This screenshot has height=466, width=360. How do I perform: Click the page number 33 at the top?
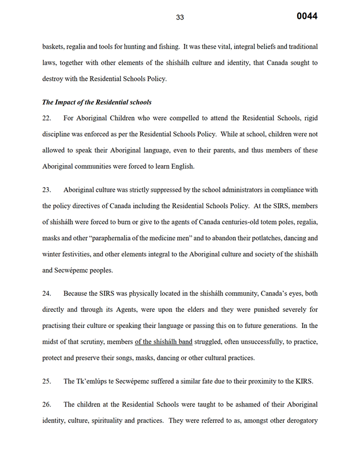pyautogui.click(x=180, y=17)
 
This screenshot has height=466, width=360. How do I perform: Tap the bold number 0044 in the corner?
pyautogui.click(x=307, y=16)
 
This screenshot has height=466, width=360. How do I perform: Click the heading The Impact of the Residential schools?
pyautogui.click(x=96, y=102)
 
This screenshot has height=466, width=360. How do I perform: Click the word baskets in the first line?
pyautogui.click(x=54, y=46)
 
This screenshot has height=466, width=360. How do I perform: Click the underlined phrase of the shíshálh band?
pyautogui.click(x=163, y=342)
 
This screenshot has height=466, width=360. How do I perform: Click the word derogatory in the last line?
pyautogui.click(x=298, y=420)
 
